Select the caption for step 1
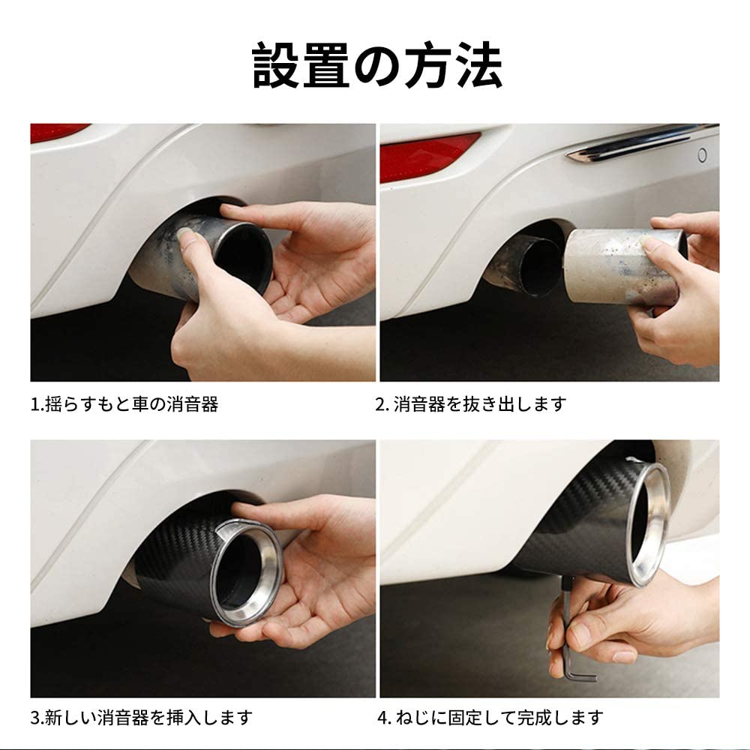tap(124, 405)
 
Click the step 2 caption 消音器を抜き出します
tap(470, 405)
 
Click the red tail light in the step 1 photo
tap(57, 132)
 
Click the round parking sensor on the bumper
tap(702, 155)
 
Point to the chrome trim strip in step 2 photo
tap(637, 142)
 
